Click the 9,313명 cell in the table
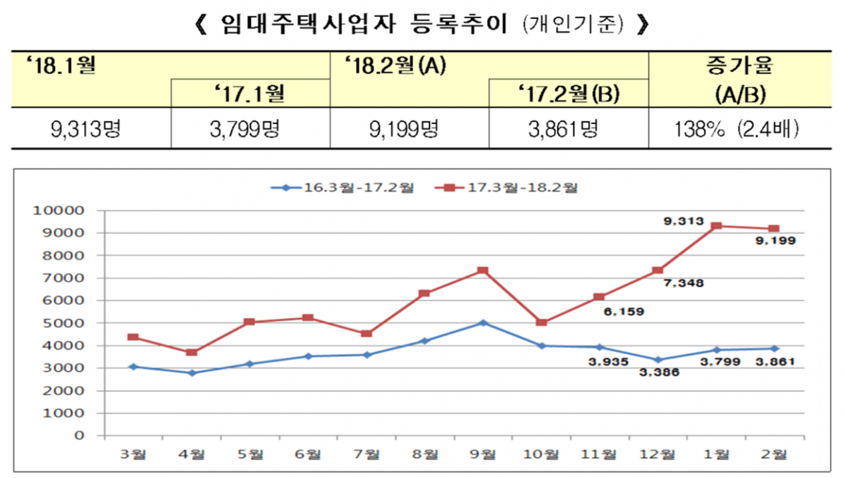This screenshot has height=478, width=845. [92, 128]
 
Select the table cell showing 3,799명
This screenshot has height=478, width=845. [250, 128]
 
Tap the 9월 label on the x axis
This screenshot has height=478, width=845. [483, 455]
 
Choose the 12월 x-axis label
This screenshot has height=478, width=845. [657, 455]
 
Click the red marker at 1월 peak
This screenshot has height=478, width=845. [715, 226]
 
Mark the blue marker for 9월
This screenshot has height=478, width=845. [483, 322]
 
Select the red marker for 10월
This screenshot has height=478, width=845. [541, 322]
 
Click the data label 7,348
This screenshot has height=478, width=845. [682, 283]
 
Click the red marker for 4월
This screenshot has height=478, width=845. [192, 352]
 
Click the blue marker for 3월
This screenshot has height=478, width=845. [133, 366]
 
